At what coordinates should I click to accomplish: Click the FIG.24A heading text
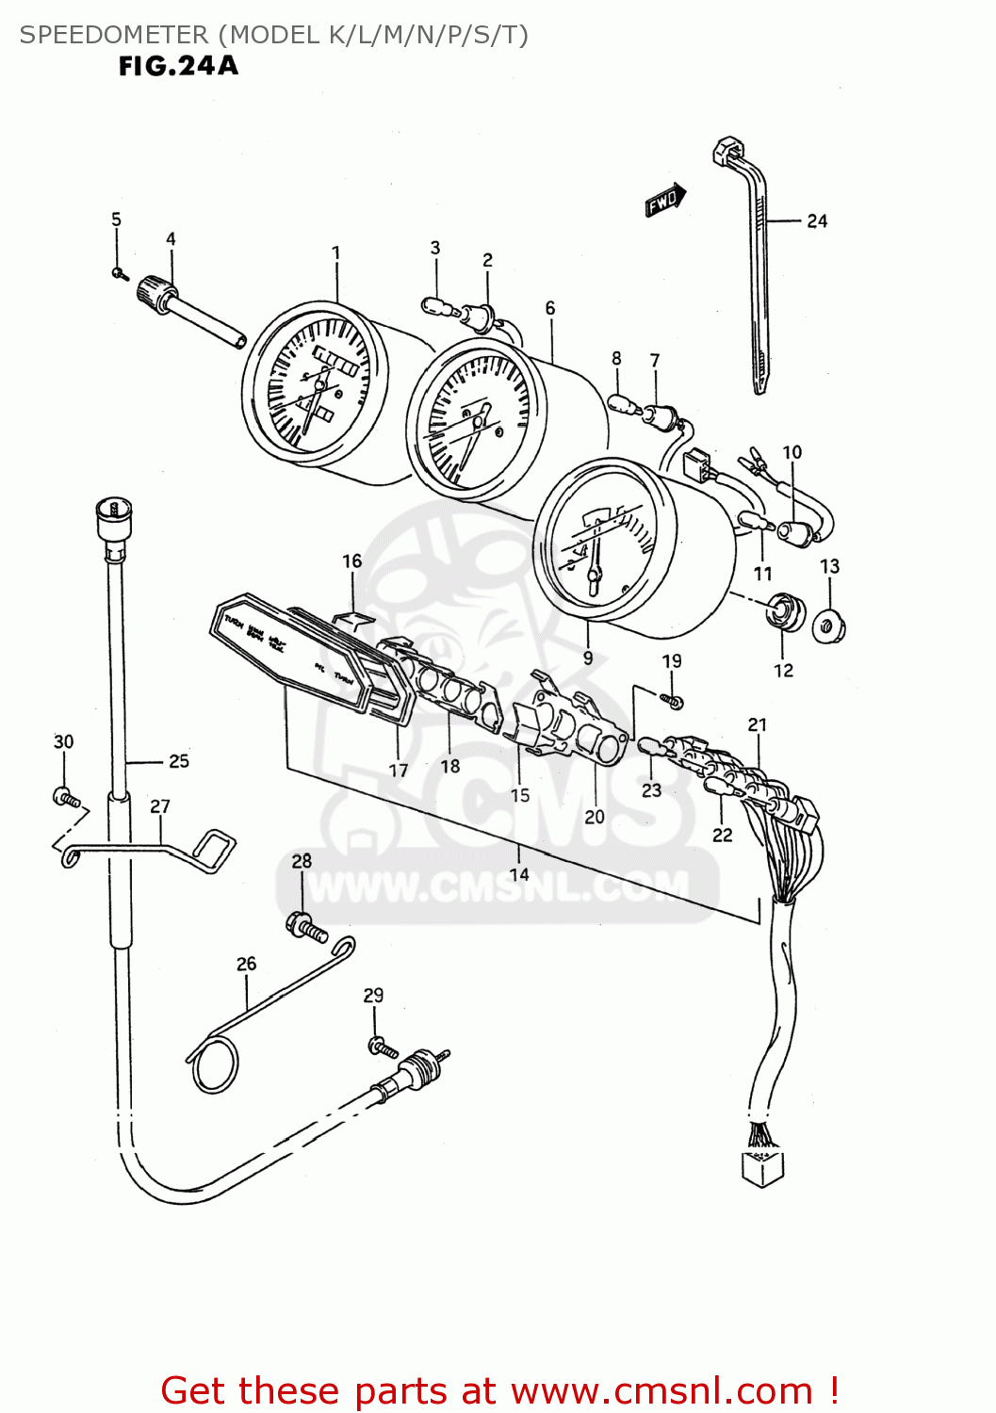pos(178,66)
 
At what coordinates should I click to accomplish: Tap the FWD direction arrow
pos(665,200)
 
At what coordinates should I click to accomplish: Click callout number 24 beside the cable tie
pos(817,221)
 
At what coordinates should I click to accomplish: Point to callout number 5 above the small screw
pos(116,219)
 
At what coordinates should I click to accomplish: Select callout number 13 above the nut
pos(829,566)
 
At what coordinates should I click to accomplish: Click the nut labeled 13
pos(829,625)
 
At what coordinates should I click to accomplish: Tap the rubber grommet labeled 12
pos(784,612)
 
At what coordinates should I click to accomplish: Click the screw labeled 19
pos(673,701)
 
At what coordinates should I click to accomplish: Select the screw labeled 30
pos(66,798)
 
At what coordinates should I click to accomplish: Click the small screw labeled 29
pos(380,1046)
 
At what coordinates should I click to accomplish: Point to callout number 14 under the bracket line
pos(519,874)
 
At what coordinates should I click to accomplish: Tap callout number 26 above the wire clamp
pos(246,964)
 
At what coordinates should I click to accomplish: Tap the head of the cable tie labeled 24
pos(727,151)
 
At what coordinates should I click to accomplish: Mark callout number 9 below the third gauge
pos(588,658)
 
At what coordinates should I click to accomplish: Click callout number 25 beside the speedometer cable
pos(179,761)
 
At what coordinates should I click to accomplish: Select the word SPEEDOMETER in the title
pos(114,35)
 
